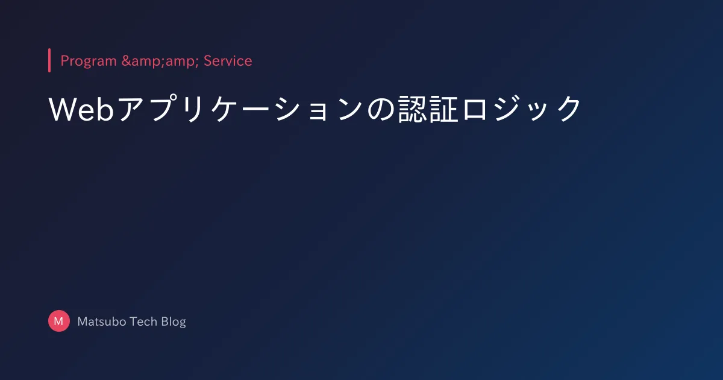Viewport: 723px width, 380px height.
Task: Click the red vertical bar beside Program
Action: point(49,60)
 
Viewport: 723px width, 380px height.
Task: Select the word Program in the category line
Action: point(89,62)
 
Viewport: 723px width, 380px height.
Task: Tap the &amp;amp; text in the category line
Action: point(160,62)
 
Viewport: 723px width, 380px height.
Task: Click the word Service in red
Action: point(228,61)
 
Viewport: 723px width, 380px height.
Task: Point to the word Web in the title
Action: point(81,109)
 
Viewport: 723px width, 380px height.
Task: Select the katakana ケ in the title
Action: point(224,109)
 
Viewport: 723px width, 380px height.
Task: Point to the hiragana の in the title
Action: point(381,109)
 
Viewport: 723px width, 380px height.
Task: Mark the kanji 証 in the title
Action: point(444,109)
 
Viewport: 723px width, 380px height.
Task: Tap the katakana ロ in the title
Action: point(475,109)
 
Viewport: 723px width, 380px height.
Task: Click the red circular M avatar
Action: point(59,321)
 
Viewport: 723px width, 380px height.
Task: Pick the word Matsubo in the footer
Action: point(102,321)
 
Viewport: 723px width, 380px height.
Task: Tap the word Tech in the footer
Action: point(143,321)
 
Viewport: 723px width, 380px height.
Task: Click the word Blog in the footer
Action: point(174,322)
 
